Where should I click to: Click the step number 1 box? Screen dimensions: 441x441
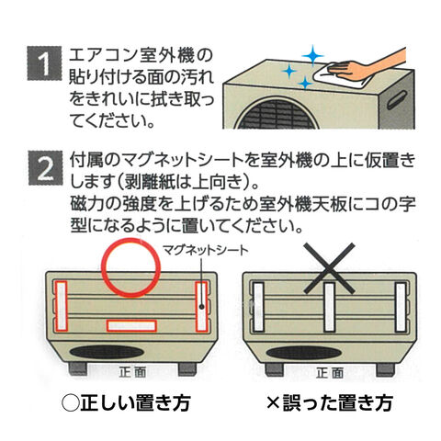click(x=45, y=63)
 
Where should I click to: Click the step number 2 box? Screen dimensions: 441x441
click(x=45, y=167)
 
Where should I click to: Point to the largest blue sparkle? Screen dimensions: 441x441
click(x=312, y=56)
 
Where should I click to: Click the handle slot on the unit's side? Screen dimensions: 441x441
click(x=396, y=99)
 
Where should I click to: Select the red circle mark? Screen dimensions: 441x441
click(x=130, y=267)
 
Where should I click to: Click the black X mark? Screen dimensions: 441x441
click(x=329, y=268)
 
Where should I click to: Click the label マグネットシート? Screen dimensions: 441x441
click(x=205, y=250)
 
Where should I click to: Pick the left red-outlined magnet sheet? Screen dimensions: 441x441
click(x=61, y=306)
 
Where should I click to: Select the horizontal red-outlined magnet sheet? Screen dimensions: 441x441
click(x=131, y=325)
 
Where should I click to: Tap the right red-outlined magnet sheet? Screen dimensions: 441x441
click(x=201, y=306)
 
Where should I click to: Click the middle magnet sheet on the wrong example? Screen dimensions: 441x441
click(x=329, y=307)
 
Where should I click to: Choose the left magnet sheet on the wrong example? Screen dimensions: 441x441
click(x=258, y=307)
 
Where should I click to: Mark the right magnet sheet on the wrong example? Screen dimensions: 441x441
click(x=401, y=307)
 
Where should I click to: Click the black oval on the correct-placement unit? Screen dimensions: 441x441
click(x=107, y=352)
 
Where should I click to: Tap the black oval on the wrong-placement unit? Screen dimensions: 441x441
click(x=304, y=353)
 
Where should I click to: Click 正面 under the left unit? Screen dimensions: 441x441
click(x=132, y=372)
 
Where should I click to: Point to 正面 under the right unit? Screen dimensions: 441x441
click(x=330, y=373)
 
